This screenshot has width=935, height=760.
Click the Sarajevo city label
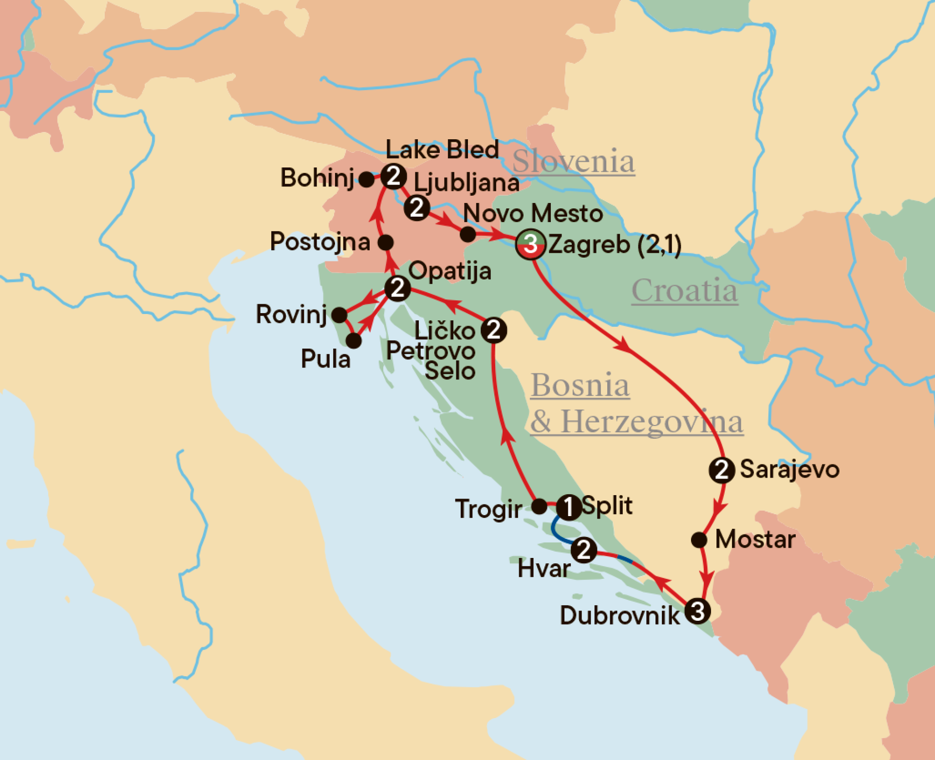point(789,470)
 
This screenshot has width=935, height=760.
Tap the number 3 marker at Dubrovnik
point(697,611)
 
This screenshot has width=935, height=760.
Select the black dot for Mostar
point(699,539)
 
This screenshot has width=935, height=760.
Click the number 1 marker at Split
point(568,507)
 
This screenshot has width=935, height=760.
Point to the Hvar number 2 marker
point(583,550)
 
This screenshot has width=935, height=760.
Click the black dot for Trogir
point(539,506)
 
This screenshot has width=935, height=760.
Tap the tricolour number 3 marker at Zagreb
point(531,244)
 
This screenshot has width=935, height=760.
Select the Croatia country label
point(684,291)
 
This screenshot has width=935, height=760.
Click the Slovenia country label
point(573,161)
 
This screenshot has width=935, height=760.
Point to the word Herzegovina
point(652,422)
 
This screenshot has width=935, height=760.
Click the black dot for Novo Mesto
point(468,234)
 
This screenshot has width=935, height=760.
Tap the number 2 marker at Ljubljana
point(417,208)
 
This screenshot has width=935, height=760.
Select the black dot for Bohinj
point(366,179)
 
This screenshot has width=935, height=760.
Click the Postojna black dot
point(386,242)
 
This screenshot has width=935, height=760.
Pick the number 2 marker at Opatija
point(397,288)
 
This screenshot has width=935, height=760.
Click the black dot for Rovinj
point(339,315)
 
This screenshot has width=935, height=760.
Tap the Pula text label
point(325,359)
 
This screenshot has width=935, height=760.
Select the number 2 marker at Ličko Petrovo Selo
point(494,330)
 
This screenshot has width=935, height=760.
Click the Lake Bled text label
point(442,149)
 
